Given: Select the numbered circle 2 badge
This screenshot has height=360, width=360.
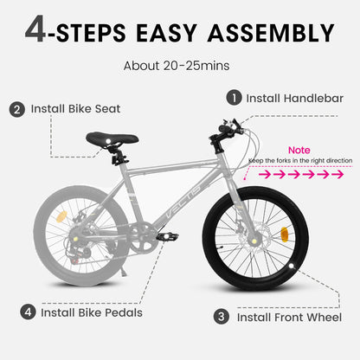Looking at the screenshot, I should coord(17,110).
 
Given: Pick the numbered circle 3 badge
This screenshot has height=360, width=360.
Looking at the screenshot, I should coord(221,317).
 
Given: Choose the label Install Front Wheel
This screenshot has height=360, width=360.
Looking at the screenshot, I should coord(289,318).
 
